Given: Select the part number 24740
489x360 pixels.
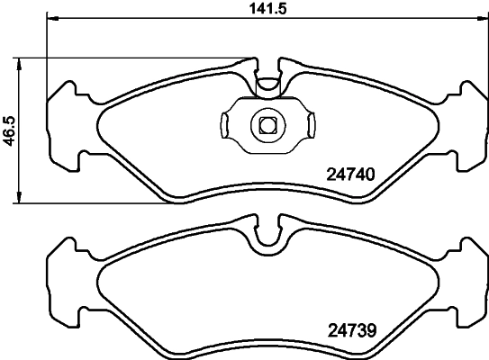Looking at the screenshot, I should pos(349,176).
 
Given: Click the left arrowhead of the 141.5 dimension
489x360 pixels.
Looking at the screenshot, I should pos(50,19).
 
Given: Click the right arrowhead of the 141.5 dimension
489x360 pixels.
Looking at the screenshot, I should pos(484,19).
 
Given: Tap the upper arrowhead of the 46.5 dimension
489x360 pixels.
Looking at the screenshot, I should pos(22,62).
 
